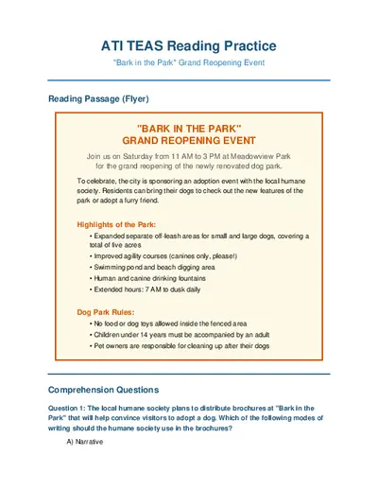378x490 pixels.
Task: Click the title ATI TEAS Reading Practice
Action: coord(189,45)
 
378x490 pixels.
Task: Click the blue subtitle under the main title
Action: coord(189,62)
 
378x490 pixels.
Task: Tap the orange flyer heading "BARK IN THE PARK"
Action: coord(189,128)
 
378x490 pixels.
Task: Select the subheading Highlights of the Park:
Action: coord(115,224)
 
